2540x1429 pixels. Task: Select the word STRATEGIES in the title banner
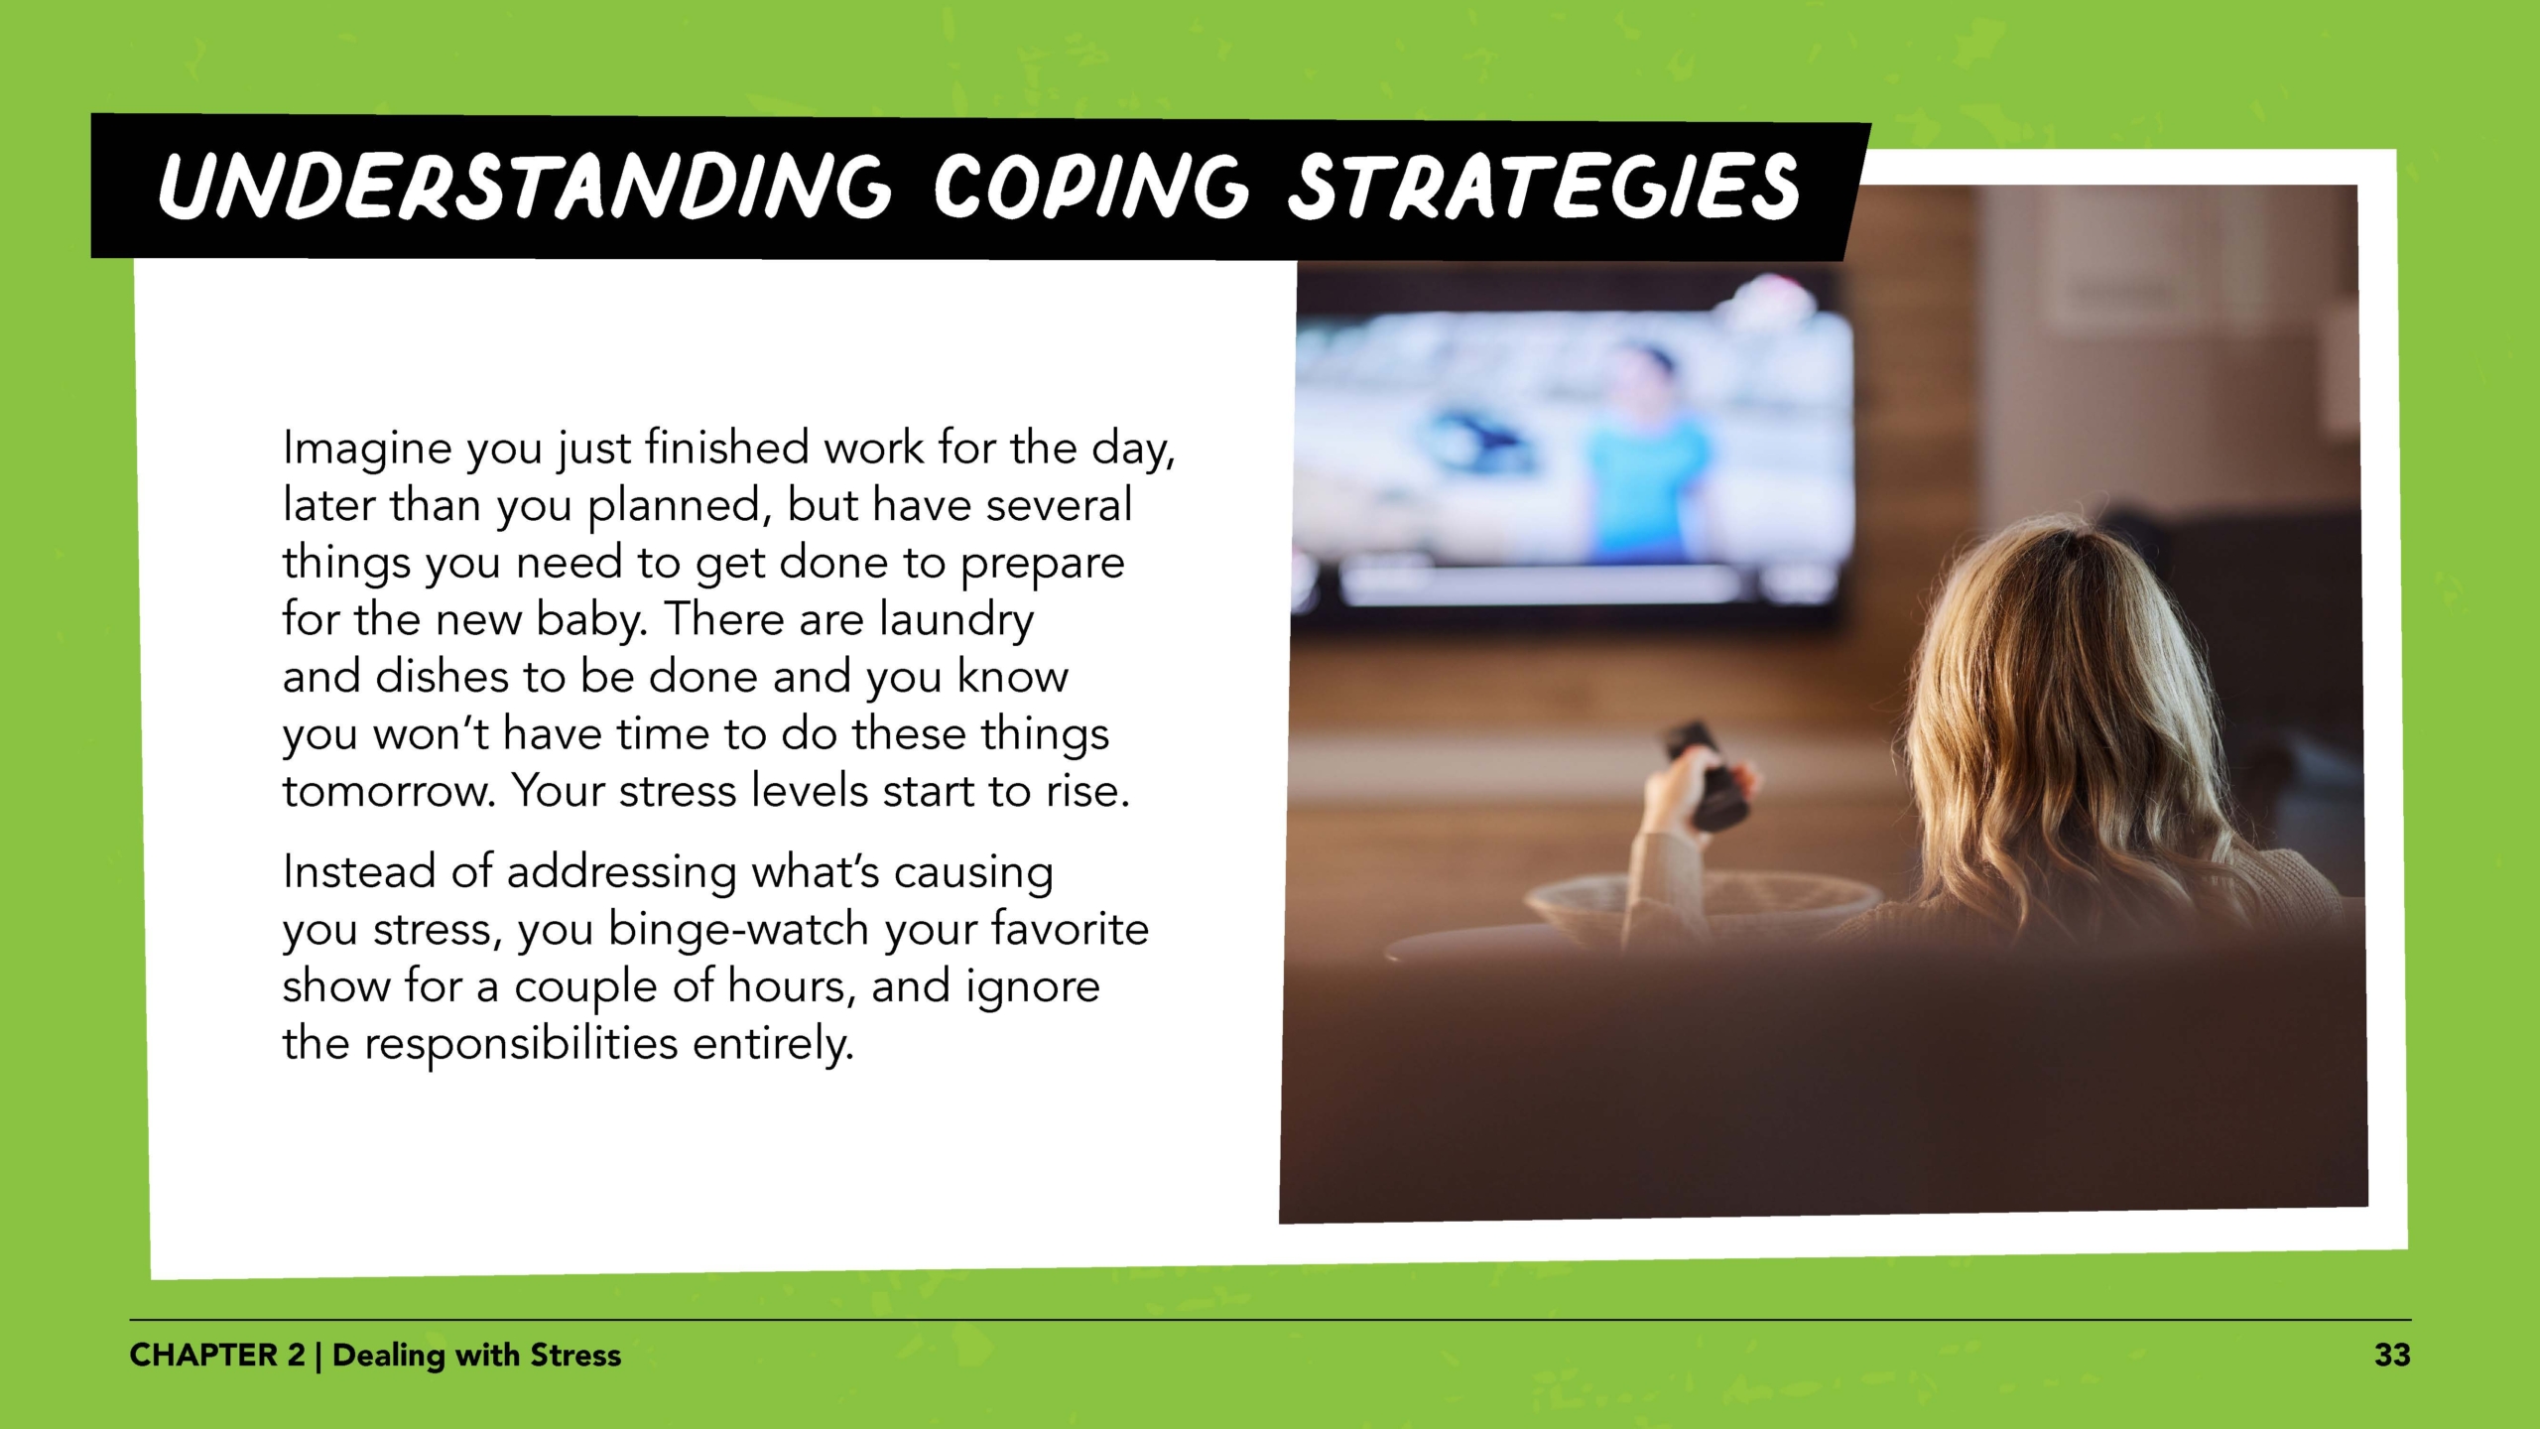1543,186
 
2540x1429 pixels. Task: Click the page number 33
2391,1355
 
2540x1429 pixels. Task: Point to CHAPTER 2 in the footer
217,1355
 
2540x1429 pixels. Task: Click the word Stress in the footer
575,1355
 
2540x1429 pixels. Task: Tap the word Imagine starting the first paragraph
367,449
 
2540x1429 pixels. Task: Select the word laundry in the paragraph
956,620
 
